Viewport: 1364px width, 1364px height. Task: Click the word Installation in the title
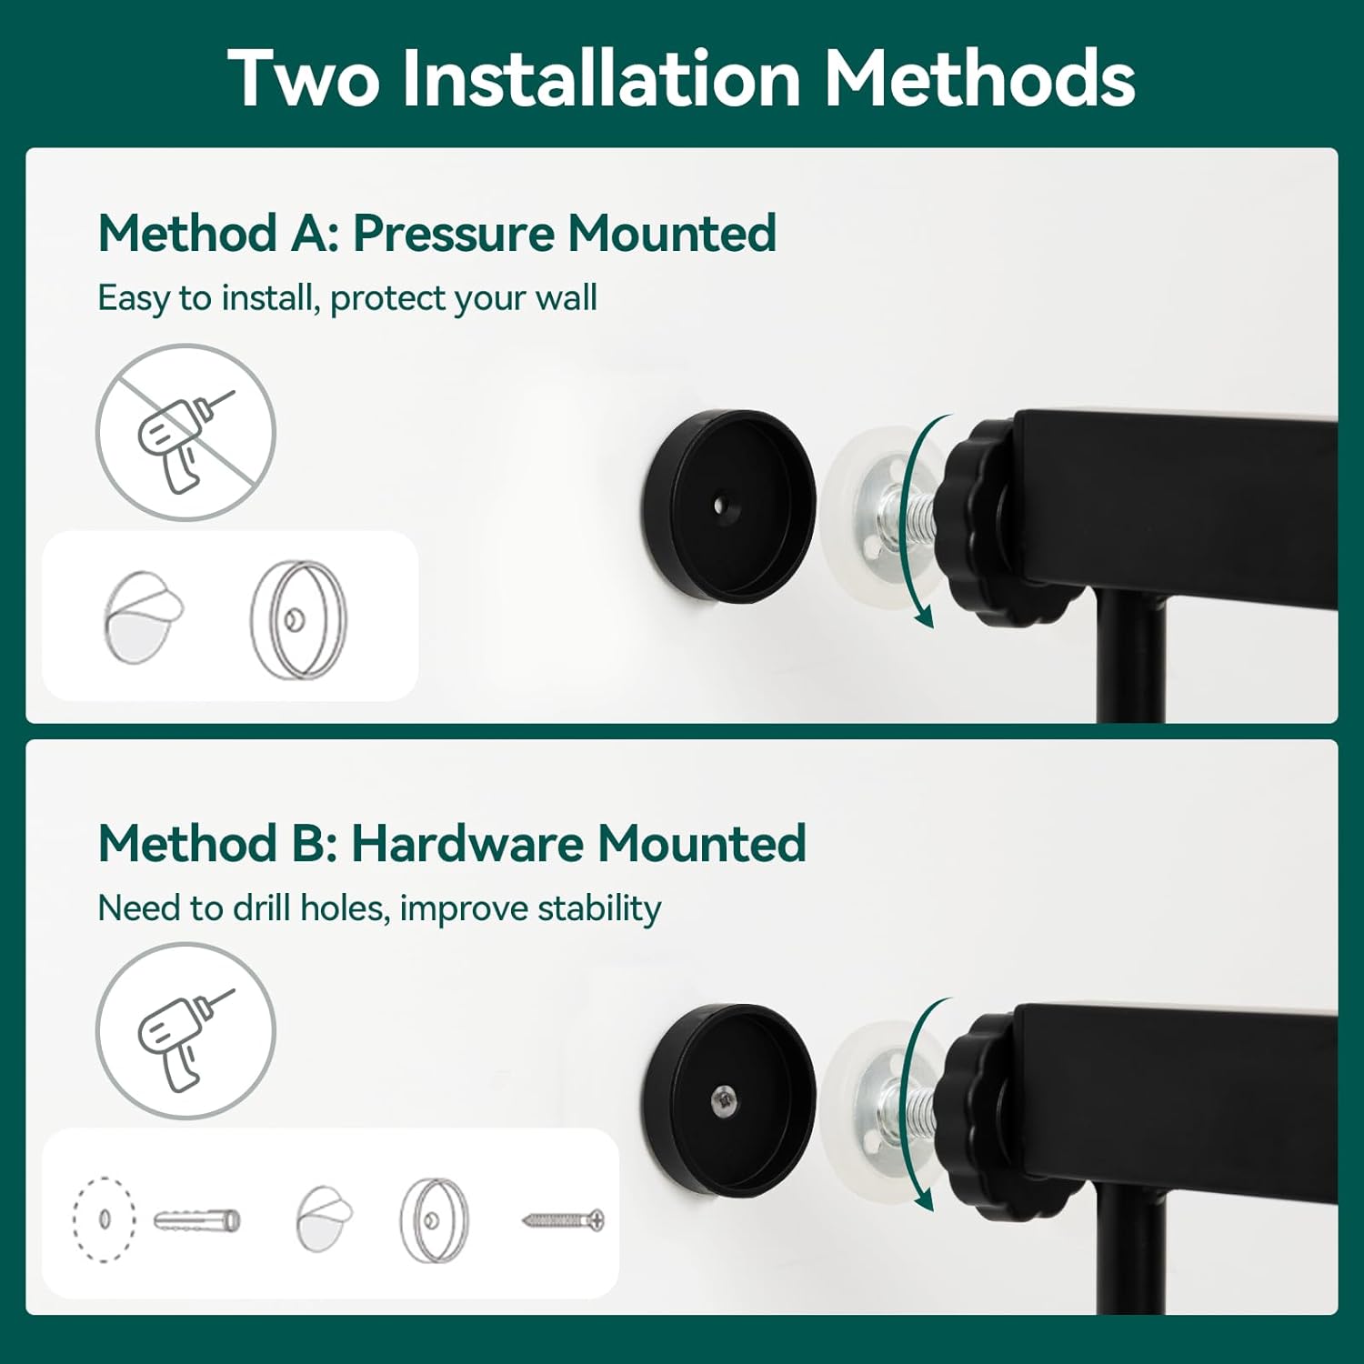601,78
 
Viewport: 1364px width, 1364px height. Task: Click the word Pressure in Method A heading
452,233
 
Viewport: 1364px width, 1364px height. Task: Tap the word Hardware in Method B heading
467,843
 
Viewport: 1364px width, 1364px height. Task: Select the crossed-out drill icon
186,433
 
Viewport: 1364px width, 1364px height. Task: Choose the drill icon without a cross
186,1030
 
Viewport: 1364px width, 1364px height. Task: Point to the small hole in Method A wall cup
721,503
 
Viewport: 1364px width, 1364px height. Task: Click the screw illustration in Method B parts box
564,1219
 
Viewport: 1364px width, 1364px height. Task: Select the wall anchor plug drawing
196,1219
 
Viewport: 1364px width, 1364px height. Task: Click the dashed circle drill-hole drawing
104,1219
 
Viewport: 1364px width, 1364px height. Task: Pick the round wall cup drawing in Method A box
299,619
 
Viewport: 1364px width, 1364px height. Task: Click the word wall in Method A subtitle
566,297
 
